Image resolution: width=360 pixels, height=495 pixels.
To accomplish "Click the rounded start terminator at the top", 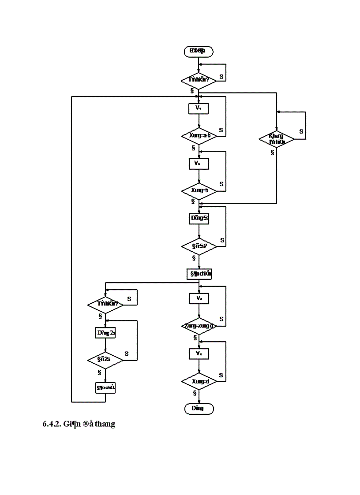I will coord(199,51).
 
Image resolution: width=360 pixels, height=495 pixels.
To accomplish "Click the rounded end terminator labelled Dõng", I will coord(199,409).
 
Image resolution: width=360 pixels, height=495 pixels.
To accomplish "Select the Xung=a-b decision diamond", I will coord(199,136).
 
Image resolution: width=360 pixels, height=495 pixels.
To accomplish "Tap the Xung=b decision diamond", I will coord(199,190).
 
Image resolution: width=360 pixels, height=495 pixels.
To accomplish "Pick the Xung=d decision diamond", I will coord(199,381).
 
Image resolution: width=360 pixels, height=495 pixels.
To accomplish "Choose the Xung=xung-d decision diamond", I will coord(199,326).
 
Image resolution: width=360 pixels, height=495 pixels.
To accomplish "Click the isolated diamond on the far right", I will coord(277,139).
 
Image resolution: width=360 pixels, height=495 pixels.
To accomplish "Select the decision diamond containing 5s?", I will coord(199,247).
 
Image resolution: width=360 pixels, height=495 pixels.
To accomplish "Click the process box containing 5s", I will coord(199,218).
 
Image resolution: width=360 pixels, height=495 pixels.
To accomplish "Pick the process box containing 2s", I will coord(105,333).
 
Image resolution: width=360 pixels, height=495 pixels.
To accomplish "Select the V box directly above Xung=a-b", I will coord(199,108).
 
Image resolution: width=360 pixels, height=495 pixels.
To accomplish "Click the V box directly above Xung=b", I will coord(199,163).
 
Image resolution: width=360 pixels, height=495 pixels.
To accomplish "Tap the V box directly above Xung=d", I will coord(199,354).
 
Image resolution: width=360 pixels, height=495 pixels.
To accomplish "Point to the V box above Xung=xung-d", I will coord(199,298).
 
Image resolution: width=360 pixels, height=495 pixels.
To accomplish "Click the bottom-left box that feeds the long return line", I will coord(105,387).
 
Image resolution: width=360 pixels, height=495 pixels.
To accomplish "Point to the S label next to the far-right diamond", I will coord(301,131).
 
